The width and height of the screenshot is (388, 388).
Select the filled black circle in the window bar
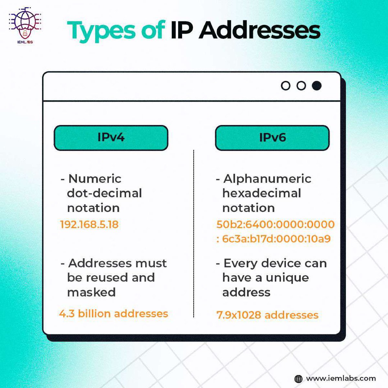(x=317, y=86)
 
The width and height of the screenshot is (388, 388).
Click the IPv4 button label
(x=111, y=137)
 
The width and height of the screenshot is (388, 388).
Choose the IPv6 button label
(x=272, y=137)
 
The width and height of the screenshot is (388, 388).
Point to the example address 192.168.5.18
(x=89, y=224)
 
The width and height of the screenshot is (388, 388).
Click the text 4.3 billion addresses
(x=113, y=313)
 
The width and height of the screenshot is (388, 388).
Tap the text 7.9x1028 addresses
(x=267, y=315)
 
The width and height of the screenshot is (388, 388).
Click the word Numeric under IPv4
(x=95, y=178)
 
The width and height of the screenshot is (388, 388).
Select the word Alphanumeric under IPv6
(x=267, y=178)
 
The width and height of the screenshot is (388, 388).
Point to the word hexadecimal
(x=262, y=193)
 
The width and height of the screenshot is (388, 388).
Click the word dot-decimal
(x=104, y=193)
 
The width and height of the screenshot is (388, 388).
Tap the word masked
(x=91, y=292)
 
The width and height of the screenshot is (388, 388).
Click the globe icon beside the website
(x=298, y=379)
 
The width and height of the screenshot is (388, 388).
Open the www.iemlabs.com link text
(x=341, y=378)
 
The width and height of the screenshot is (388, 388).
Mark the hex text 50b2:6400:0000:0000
(x=275, y=224)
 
